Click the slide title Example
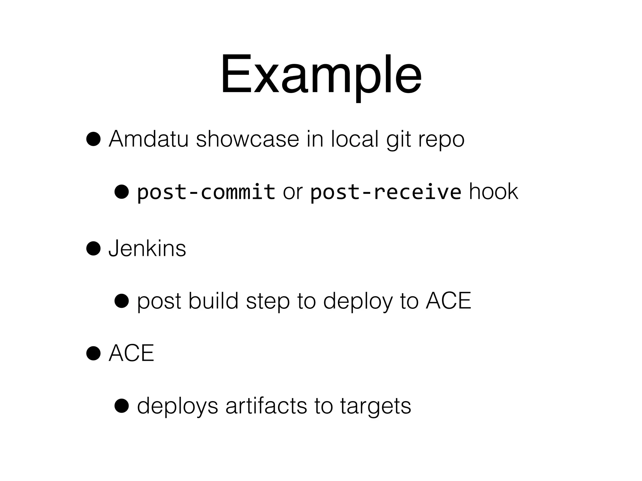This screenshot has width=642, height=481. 321,75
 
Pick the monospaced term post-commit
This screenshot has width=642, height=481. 206,192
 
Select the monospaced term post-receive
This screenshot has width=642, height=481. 386,192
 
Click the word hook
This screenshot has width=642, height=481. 493,191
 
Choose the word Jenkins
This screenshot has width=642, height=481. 147,248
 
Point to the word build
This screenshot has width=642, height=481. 213,301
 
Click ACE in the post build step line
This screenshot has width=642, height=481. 448,301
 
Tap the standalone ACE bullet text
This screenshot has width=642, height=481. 131,353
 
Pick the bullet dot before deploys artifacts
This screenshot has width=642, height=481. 122,406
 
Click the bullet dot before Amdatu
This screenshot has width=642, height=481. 93,139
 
